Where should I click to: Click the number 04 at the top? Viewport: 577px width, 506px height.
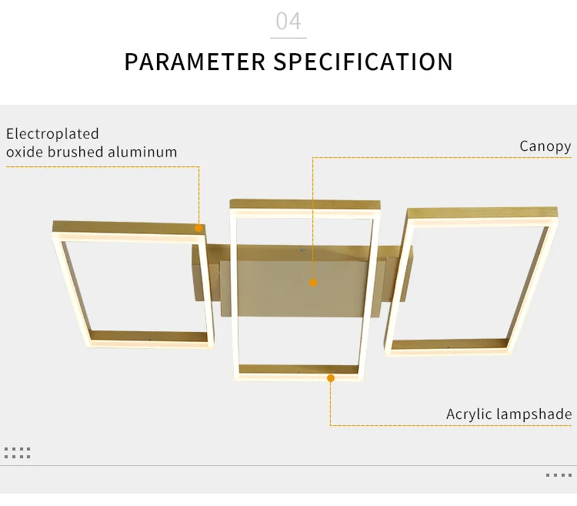coord(288,21)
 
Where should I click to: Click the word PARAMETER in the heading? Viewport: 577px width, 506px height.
coord(195,62)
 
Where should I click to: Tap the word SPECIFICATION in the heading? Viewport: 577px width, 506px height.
coord(363,62)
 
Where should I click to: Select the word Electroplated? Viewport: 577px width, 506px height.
coord(52,134)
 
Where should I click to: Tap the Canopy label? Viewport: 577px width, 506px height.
coord(545,146)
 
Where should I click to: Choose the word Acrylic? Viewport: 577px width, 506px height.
coord(469,414)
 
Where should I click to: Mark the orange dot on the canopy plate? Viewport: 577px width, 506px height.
coord(313,283)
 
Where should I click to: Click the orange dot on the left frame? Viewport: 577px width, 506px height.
coord(198,228)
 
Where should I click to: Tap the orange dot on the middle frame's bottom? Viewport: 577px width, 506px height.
coord(331,378)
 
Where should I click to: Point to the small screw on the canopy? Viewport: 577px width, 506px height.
coord(302,250)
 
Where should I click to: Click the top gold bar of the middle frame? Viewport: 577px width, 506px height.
coord(305,204)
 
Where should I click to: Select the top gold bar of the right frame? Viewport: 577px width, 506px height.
coord(482,213)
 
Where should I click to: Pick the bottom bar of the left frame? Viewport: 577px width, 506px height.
coord(149,336)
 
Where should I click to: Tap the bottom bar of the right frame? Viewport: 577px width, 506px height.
coord(449,345)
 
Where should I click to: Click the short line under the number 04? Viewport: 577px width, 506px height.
coord(288,38)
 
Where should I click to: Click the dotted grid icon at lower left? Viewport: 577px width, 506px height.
coord(17,453)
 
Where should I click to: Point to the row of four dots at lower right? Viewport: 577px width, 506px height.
coord(559,475)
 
